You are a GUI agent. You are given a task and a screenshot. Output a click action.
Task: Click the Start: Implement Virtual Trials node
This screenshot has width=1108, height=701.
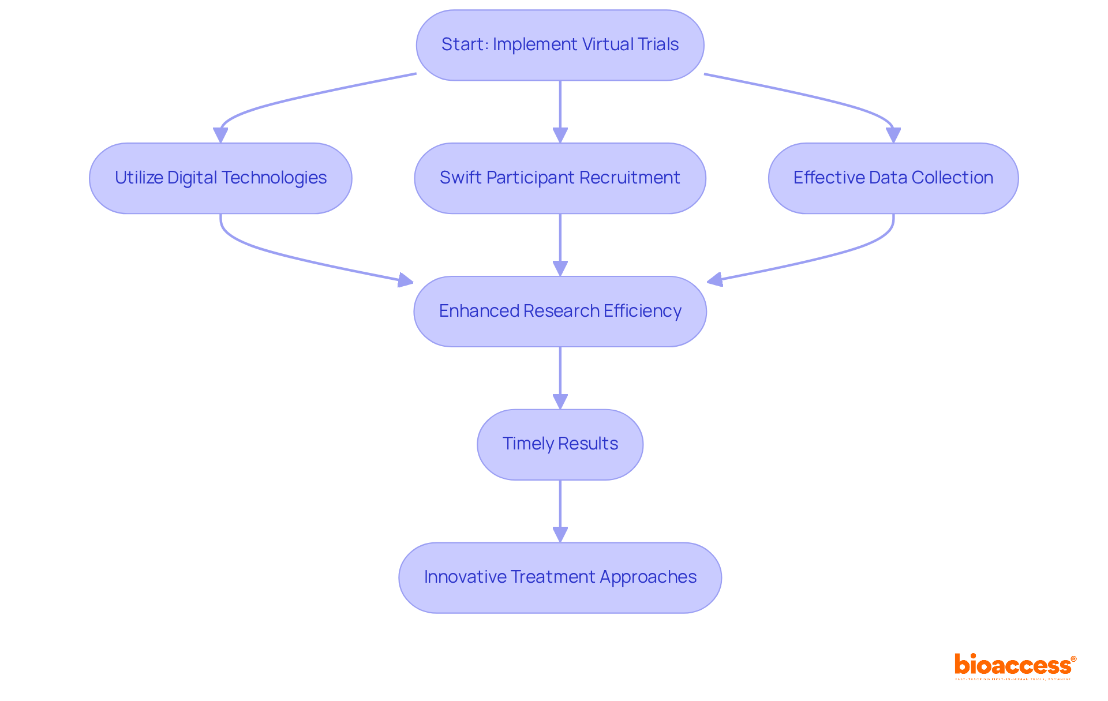560,45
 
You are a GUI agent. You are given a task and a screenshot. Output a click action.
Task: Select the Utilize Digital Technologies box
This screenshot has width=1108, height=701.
220,178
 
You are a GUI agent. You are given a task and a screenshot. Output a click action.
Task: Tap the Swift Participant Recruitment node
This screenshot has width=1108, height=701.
560,178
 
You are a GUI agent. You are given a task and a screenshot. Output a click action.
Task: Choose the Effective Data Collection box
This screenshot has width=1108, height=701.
893,178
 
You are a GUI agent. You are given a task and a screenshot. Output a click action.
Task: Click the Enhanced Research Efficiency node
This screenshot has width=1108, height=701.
560,312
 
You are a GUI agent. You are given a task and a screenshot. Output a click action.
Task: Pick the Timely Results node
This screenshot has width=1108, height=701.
560,444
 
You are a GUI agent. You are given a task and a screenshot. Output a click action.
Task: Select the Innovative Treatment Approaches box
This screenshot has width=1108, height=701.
560,578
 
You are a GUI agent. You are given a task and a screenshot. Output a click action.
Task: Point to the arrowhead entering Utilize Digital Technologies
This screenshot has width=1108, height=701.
220,135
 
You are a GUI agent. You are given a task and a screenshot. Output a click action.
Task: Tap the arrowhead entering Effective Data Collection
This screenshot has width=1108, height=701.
893,135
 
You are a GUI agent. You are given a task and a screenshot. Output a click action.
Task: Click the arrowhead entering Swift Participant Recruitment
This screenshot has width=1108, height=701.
560,135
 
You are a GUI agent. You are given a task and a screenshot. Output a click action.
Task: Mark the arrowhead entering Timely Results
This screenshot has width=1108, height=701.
560,402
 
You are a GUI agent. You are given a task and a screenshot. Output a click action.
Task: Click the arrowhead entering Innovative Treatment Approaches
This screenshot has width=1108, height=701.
560,534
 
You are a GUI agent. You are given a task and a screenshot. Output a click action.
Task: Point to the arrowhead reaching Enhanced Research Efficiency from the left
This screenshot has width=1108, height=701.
406,280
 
